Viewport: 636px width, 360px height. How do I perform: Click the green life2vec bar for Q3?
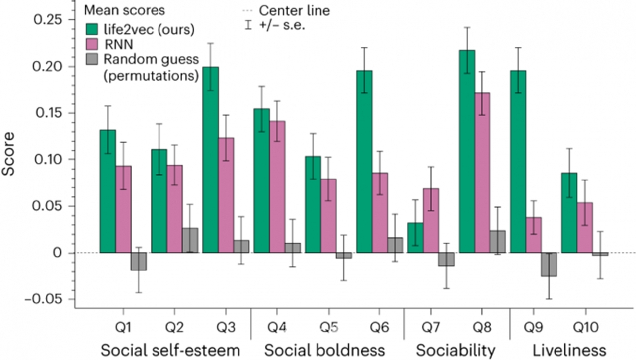click(211, 160)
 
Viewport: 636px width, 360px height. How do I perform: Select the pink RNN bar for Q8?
click(482, 173)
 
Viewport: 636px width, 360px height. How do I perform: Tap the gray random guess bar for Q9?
click(549, 265)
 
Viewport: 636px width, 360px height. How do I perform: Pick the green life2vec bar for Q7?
click(415, 238)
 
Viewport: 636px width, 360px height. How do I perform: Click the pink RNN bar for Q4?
click(277, 187)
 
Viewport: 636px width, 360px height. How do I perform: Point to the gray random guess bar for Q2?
click(190, 240)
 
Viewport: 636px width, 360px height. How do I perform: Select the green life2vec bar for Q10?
click(569, 213)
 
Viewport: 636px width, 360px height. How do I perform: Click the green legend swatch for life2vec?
click(92, 29)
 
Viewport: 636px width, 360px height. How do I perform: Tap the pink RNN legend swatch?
click(92, 44)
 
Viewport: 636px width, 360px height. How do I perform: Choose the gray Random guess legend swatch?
click(92, 59)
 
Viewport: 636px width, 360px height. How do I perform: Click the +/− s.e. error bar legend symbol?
click(249, 25)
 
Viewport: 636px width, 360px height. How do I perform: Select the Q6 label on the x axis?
click(379, 327)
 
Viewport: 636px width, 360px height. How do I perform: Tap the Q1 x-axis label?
click(123, 327)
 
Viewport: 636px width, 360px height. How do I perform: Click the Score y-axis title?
click(8, 154)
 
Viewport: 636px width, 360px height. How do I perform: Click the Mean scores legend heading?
click(125, 10)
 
